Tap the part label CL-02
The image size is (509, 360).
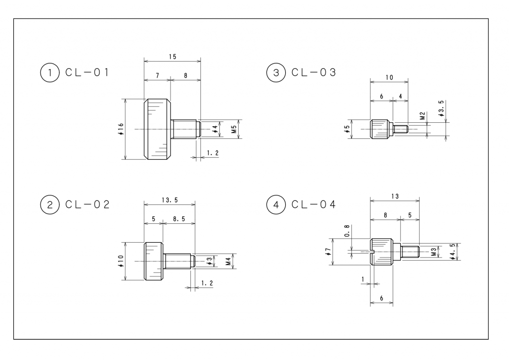coord(87,204)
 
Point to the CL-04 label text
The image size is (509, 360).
coord(314,204)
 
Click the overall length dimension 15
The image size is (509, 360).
coord(172,57)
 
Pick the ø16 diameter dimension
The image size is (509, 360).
coord(120,129)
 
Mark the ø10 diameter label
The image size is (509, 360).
coord(120,261)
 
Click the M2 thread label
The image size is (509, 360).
coord(422,116)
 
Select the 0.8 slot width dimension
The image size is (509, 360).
coord(347,231)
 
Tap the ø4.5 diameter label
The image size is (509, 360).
coord(453,252)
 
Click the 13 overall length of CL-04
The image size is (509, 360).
coord(395,196)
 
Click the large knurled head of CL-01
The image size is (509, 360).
coord(157,129)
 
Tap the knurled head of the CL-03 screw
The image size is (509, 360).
coord(381,129)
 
